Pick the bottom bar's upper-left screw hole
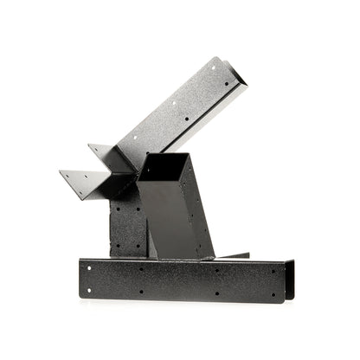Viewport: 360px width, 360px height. (93, 267)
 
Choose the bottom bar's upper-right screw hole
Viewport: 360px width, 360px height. (275, 269)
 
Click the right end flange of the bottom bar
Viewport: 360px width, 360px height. (289, 280)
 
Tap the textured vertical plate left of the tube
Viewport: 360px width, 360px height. (125, 225)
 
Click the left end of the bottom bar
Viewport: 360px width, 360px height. (82, 277)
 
